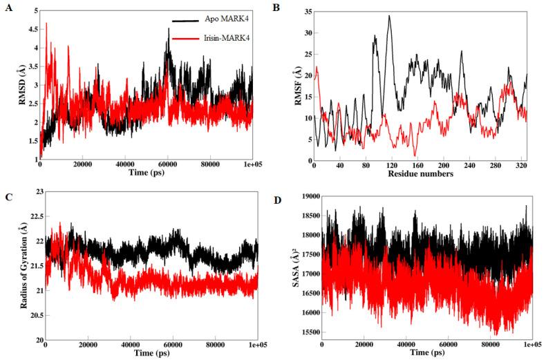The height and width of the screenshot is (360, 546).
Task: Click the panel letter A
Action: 8,9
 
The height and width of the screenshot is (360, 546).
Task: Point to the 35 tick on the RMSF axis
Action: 306,12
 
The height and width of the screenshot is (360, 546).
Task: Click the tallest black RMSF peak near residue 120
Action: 389,16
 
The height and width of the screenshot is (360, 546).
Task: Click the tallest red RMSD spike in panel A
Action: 46,23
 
